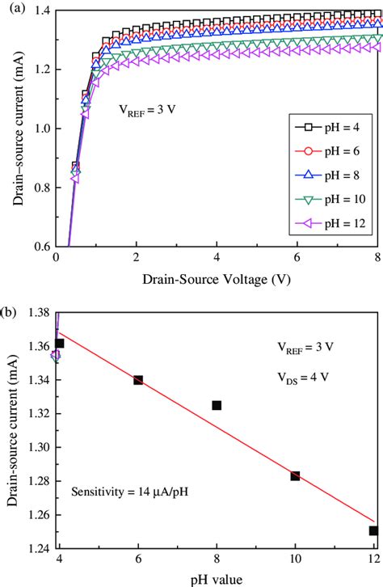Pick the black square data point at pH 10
tap(295, 475)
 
